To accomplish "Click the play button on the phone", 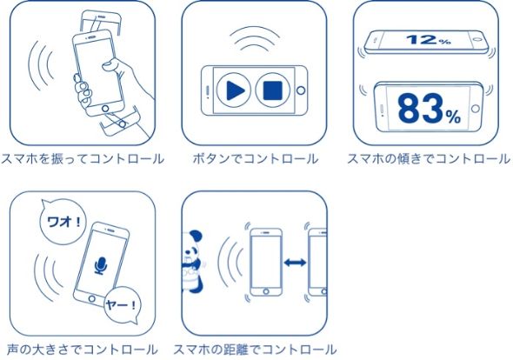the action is tap(234, 90).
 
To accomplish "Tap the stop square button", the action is tap(273, 90).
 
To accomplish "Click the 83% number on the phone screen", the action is tap(429, 109).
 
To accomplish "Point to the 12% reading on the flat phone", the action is tap(428, 40).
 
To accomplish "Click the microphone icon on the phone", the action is tap(101, 265).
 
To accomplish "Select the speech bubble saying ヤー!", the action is tap(122, 305).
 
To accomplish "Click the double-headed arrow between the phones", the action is tap(295, 263).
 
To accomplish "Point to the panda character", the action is tap(192, 261).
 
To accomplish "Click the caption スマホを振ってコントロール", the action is tap(83, 159).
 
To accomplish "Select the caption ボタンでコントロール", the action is tap(255, 159).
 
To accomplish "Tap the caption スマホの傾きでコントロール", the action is tap(429, 159).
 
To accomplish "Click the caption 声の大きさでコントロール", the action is tap(83, 350).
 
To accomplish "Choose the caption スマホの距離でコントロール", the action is tap(255, 350).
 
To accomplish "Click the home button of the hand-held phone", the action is tap(105, 109).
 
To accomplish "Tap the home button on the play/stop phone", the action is tap(301, 90).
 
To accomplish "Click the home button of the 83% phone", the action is tap(476, 109).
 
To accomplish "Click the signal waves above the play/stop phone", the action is tap(254, 38).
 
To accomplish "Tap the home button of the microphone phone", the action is tap(92, 298).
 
